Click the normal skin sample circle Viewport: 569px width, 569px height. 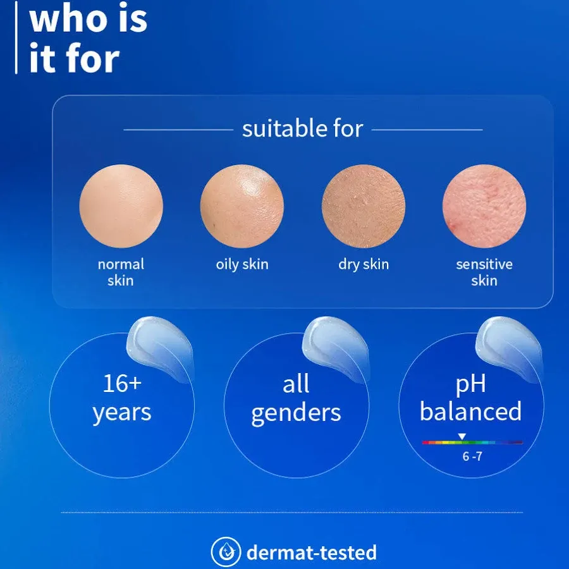tap(121, 206)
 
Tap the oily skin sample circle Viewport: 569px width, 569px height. tap(242, 206)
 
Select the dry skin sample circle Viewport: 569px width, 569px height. tap(364, 206)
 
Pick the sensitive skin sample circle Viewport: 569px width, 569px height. tap(484, 206)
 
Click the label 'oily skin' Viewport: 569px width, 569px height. tap(242, 264)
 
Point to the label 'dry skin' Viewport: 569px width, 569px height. tap(364, 264)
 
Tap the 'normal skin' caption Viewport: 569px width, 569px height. tap(121, 272)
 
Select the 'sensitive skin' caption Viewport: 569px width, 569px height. tap(484, 272)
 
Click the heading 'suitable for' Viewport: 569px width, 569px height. tap(303, 129)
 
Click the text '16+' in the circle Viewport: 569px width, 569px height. tap(121, 383)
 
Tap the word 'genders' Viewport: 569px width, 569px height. tap(296, 413)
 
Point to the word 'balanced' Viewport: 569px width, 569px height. tap(471, 412)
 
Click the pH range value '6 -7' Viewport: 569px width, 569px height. tap(472, 456)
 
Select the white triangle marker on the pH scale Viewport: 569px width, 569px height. tap(462, 436)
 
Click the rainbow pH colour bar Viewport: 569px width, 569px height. tap(472, 443)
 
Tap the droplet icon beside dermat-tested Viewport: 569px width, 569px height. tap(226, 552)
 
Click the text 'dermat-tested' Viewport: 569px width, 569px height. tap(312, 553)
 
